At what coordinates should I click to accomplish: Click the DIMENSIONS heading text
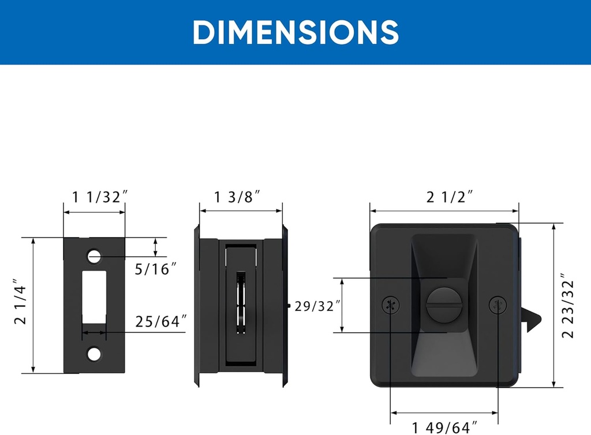(295, 32)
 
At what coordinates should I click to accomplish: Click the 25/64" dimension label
(161, 321)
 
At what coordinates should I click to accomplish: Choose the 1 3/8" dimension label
(237, 197)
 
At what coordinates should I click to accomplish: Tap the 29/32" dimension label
(315, 306)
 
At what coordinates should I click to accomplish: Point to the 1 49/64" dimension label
(445, 427)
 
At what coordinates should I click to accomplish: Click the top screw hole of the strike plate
(94, 255)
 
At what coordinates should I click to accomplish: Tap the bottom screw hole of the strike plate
(94, 354)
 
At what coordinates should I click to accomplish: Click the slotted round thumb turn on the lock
(440, 303)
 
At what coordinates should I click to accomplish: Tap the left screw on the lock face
(391, 305)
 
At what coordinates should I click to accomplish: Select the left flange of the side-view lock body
(197, 306)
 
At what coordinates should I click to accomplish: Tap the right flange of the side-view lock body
(285, 306)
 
